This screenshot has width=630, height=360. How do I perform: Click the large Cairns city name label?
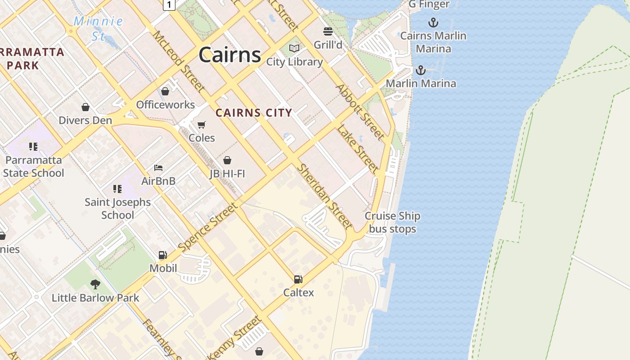tap(229, 55)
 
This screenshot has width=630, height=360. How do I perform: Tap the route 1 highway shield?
tap(169, 4)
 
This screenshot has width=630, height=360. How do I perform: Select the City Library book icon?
tap(294, 48)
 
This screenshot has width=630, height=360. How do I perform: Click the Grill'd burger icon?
tap(328, 31)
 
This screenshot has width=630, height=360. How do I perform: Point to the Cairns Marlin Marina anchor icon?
tap(433, 22)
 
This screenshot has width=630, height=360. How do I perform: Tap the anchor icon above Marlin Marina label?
tap(420, 70)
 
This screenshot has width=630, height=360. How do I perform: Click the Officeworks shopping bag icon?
tap(165, 91)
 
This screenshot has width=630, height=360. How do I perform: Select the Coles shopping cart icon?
tap(202, 124)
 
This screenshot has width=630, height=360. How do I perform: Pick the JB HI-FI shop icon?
tap(227, 160)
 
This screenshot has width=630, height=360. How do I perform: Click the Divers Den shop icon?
tap(85, 107)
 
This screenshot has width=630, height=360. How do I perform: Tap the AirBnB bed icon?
tap(158, 168)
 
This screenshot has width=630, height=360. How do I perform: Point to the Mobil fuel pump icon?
tap(162, 255)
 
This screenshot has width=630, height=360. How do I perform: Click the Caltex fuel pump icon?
tap(298, 279)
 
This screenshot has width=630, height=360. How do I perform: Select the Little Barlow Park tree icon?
tap(95, 284)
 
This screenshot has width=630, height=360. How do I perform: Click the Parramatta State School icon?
tap(33, 147)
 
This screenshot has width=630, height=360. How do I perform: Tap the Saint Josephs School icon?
tap(117, 189)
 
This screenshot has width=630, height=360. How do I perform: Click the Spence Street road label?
tap(207, 227)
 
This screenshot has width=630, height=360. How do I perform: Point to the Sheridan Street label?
tap(324, 196)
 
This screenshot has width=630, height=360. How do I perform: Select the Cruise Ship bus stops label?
tap(392, 222)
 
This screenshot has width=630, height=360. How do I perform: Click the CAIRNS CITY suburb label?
tap(254, 113)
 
